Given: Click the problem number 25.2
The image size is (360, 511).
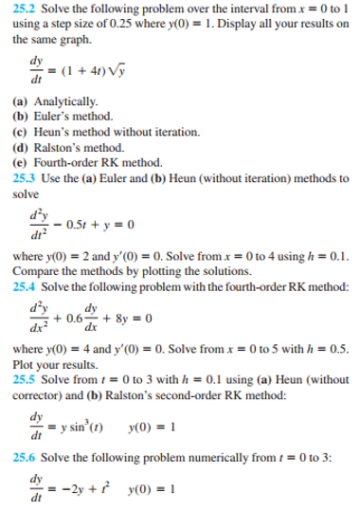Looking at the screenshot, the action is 23,9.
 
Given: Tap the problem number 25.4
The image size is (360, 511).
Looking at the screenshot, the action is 23,285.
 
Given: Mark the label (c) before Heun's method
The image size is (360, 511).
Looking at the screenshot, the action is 20,126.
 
